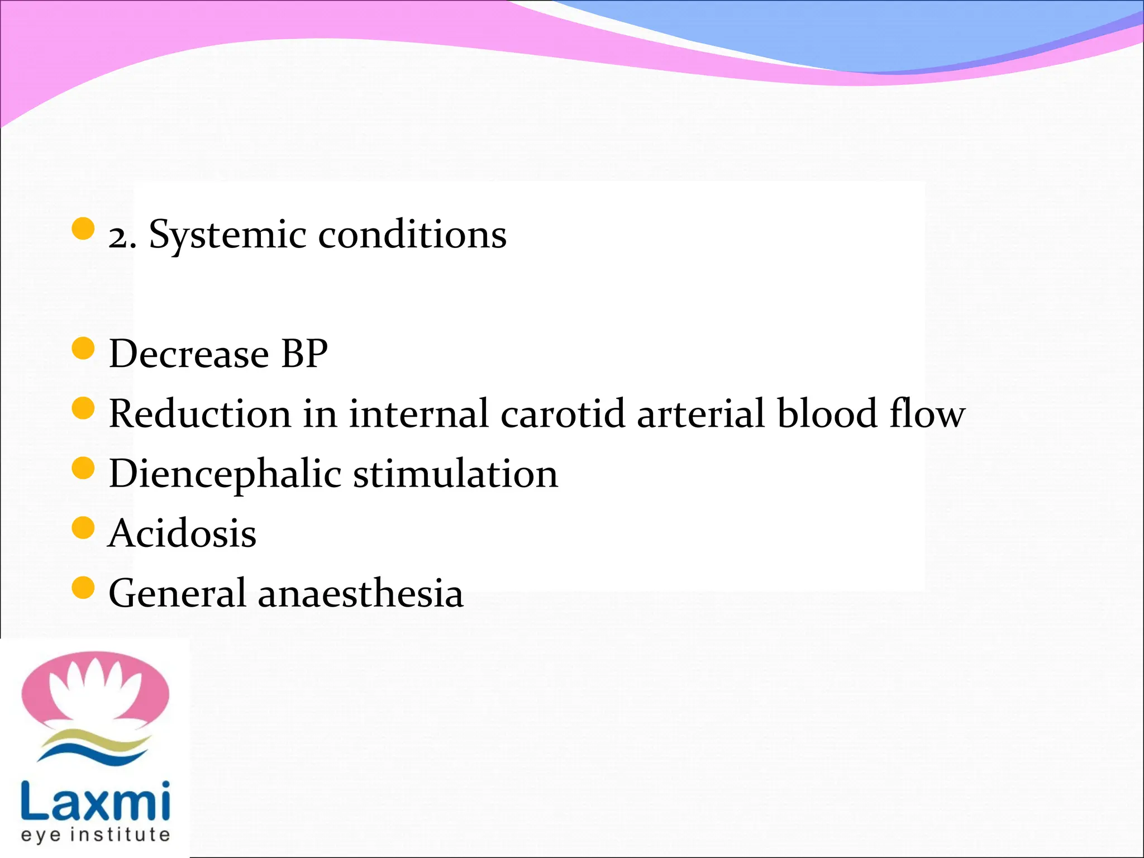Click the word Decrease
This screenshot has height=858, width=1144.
189,354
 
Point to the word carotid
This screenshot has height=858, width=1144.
563,414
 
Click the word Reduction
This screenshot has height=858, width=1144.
200,414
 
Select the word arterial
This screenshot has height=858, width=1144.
700,414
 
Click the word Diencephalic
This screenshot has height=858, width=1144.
225,474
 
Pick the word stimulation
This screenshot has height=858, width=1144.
455,474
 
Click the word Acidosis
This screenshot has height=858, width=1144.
182,533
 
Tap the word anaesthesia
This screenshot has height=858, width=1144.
360,593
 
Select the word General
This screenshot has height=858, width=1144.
177,593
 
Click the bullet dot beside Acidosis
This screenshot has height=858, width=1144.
83,528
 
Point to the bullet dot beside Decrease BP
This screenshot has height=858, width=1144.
83,349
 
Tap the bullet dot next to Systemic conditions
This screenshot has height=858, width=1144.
83,229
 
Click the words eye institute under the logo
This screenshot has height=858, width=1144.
95,835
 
